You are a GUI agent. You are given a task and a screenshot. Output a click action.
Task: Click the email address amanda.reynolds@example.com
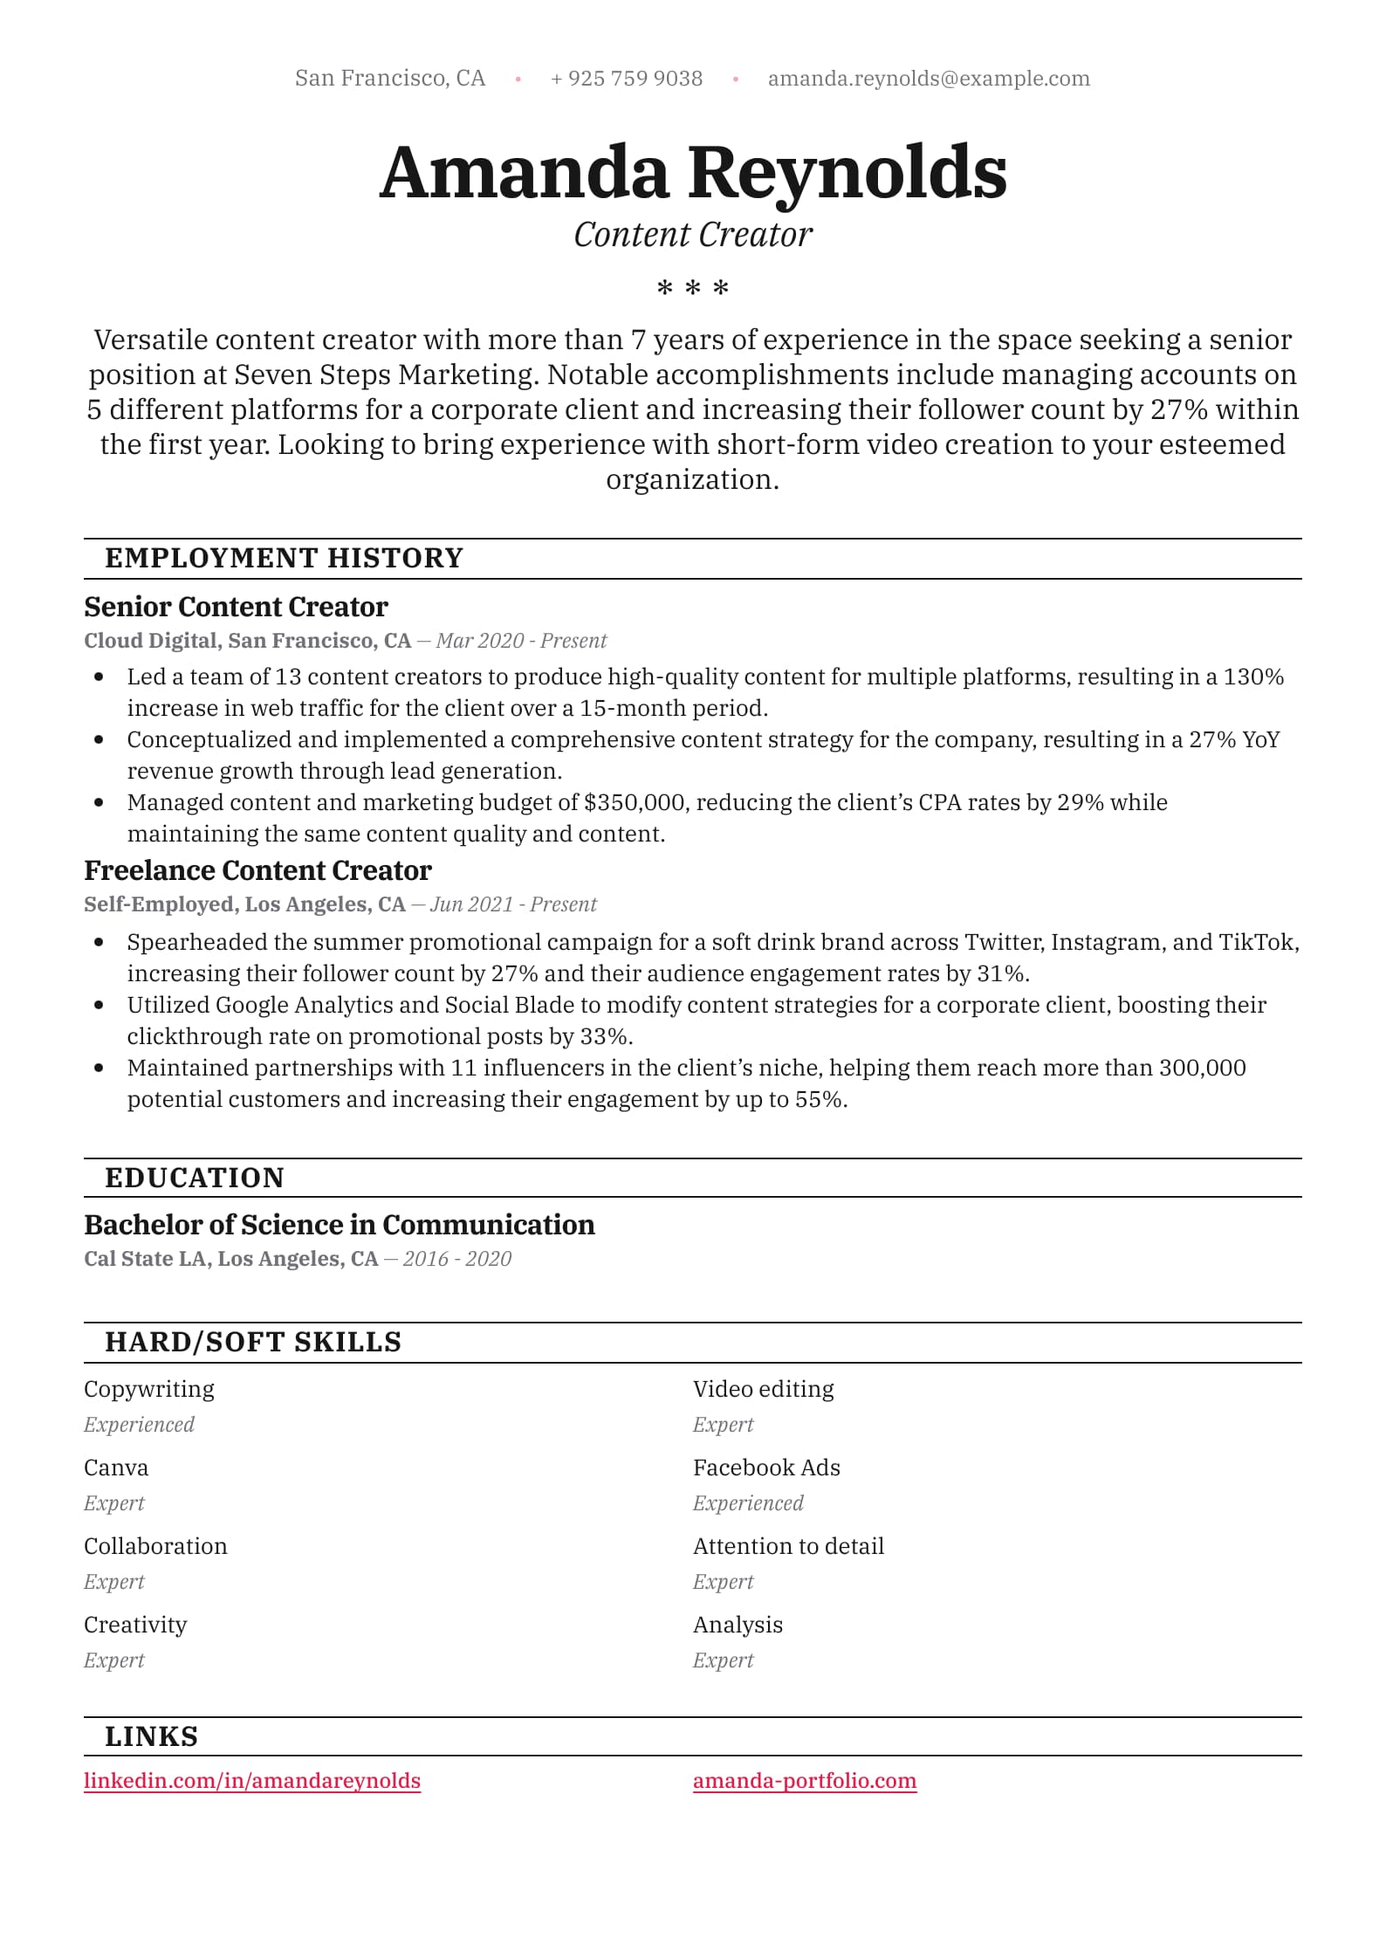pyautogui.click(x=929, y=79)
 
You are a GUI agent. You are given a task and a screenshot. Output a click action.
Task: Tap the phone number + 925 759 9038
pyautogui.click(x=627, y=79)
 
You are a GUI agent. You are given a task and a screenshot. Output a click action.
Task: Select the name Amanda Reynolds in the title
pyautogui.click(x=693, y=172)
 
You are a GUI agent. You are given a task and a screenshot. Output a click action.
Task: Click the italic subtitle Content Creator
pyautogui.click(x=693, y=235)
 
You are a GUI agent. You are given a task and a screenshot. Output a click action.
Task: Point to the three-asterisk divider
pyautogui.click(x=693, y=287)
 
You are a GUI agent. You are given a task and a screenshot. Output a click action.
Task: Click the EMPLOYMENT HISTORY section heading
pyautogui.click(x=284, y=558)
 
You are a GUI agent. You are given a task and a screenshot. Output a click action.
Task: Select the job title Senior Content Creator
pyautogui.click(x=236, y=607)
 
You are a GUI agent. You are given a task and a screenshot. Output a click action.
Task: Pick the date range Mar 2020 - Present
pyautogui.click(x=521, y=641)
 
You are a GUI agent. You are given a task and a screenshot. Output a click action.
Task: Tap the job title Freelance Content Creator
pyautogui.click(x=257, y=870)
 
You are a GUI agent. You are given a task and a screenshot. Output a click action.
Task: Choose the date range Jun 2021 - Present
pyautogui.click(x=513, y=904)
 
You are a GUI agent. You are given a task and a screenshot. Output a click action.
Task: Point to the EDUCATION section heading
pyautogui.click(x=195, y=1178)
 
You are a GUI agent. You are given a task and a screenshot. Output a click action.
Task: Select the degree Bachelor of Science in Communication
pyautogui.click(x=340, y=1225)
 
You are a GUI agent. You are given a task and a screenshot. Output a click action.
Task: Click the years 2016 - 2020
pyautogui.click(x=456, y=1259)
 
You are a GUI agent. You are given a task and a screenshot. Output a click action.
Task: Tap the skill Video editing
pyautogui.click(x=763, y=1389)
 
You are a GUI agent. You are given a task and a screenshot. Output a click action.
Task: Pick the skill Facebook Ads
pyautogui.click(x=766, y=1468)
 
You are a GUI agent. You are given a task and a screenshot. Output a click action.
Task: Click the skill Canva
pyautogui.click(x=116, y=1468)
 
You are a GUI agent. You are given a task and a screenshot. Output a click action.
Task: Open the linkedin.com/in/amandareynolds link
pyautogui.click(x=252, y=1781)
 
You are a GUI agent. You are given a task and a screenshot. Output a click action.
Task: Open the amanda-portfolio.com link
pyautogui.click(x=805, y=1781)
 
